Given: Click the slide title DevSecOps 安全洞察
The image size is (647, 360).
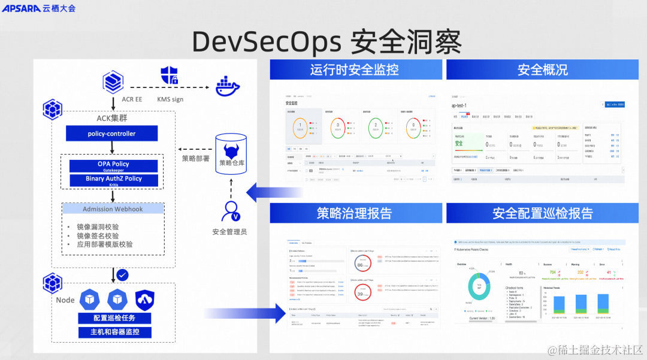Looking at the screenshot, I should tap(326, 41).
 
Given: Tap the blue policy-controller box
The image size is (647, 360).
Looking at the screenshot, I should tap(111, 134).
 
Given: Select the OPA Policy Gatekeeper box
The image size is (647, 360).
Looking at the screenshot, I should tap(113, 165).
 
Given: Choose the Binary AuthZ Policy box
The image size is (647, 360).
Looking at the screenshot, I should tap(113, 180).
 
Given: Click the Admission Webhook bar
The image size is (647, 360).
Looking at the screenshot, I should tap(113, 208).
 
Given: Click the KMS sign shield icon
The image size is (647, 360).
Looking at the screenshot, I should tap(170, 75).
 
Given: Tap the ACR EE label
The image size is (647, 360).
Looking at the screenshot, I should tap(132, 99).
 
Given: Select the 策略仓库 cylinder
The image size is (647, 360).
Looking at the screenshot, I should tap(231, 155).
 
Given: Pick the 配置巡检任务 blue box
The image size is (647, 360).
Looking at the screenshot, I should tap(113, 317).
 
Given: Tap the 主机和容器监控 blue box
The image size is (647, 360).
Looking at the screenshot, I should tap(113, 332).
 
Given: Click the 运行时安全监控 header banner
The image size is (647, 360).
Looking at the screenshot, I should tap(355, 69).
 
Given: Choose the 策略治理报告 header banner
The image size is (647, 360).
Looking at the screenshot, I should tap(355, 213).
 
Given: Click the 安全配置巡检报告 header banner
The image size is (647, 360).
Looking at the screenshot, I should tap(543, 213).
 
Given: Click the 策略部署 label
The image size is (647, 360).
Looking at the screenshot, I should tap(196, 159).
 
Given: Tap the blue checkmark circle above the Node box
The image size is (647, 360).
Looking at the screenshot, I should tap(122, 274).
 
